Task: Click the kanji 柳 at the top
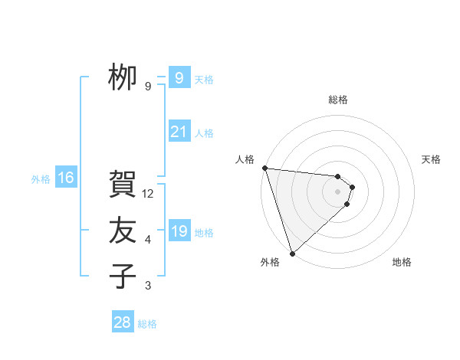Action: (122, 77)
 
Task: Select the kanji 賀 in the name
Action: (122, 185)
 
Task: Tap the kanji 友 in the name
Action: (122, 231)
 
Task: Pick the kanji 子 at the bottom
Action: (122, 276)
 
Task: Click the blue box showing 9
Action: (179, 77)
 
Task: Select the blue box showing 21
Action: (179, 132)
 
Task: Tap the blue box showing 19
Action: (179, 231)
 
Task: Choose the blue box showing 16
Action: (66, 178)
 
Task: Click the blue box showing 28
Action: (123, 322)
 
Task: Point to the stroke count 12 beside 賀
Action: (148, 194)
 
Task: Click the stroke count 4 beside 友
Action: (148, 240)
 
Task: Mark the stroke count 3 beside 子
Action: (148, 286)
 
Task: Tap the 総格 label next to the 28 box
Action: (147, 324)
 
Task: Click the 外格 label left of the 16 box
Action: (41, 179)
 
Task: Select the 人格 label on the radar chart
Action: (245, 159)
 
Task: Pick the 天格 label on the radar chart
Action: (432, 159)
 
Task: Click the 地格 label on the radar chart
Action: (402, 262)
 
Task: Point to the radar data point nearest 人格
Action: (264, 168)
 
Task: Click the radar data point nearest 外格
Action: (292, 252)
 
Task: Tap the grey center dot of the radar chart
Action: (338, 191)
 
